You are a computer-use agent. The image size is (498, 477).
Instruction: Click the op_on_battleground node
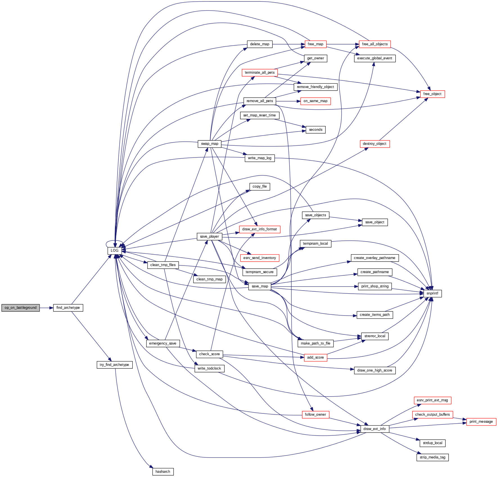coord(21,308)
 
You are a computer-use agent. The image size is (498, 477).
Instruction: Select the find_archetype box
coord(68,308)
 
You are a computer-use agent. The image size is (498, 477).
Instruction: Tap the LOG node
coord(114,251)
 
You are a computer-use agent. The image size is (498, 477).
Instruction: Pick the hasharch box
coord(163,472)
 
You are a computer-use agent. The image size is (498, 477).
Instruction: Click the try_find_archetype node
coord(114,365)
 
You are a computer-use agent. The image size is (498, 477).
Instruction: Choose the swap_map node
coord(209,144)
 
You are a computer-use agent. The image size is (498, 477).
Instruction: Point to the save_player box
coord(209,237)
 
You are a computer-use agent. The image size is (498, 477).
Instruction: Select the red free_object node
coord(432,94)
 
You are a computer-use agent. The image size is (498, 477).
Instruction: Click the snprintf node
coord(432,293)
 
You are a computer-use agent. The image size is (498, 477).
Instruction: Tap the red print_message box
coord(481,422)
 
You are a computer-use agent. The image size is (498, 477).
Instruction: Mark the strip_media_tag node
coord(432,457)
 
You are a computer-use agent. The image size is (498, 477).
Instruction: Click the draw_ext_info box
coord(375,429)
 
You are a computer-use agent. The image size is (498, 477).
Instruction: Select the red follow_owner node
coord(315,415)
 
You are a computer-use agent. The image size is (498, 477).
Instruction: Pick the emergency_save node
coord(163,343)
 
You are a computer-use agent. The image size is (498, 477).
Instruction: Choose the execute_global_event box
coord(375,58)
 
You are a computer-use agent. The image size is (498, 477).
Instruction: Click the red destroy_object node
coord(375,144)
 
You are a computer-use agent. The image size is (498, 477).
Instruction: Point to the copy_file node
coord(260,186)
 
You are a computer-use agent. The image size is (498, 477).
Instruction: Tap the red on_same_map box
coord(315,101)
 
